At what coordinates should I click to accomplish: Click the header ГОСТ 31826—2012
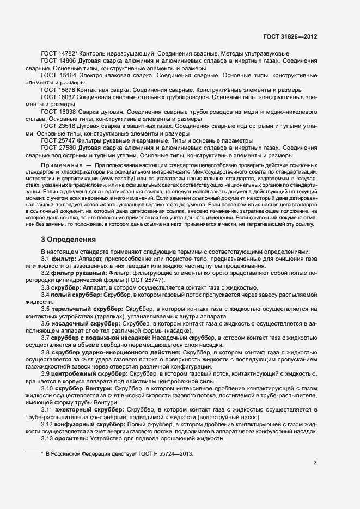pyautogui.click(x=290, y=36)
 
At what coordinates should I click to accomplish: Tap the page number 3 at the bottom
pyautogui.click(x=315, y=463)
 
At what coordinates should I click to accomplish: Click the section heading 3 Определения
pyautogui.click(x=69, y=239)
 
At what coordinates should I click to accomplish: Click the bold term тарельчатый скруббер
pyautogui.click(x=87, y=309)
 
